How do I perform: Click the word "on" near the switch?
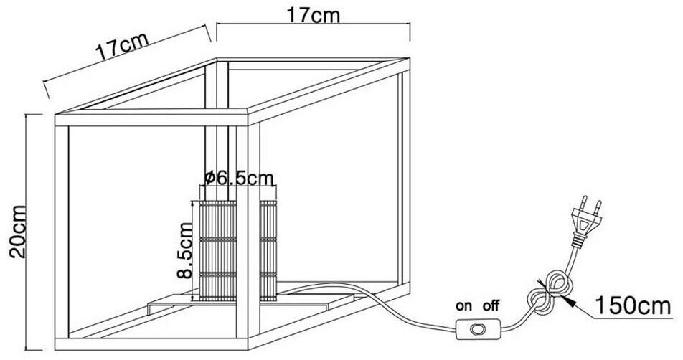(x=464, y=305)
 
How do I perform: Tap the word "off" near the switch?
(x=491, y=305)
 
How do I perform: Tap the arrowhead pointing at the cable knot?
(x=569, y=300)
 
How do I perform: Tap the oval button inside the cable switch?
(x=475, y=331)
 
